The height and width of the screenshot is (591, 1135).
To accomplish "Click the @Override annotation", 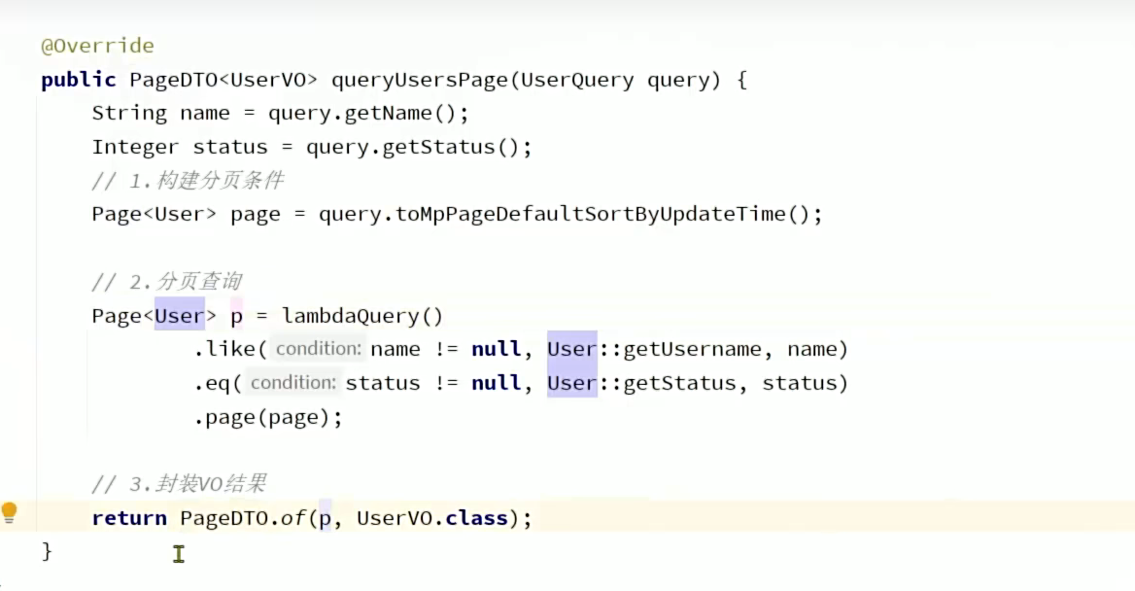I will coord(97,46).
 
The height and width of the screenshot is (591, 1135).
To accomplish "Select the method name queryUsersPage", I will coord(420,80).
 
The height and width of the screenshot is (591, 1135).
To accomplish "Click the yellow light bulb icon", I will coord(10,512).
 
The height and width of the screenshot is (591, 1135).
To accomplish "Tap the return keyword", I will coord(129,518).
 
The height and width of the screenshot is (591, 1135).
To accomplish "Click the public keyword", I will coord(79,80).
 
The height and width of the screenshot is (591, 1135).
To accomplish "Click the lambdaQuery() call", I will coord(362,316).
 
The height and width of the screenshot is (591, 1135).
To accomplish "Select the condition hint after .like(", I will coord(318,349).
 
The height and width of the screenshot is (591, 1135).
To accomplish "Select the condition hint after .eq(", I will coord(292,383).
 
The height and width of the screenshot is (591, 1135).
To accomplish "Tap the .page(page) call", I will coord(268,417).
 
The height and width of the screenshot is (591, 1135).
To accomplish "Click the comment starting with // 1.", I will coord(188,181).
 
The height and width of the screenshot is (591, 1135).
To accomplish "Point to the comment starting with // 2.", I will coord(166,282).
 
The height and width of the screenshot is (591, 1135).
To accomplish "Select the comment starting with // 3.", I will coord(179,484).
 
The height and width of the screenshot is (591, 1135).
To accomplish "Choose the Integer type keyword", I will coord(135,147).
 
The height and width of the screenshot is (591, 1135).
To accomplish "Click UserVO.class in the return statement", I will coord(432,518).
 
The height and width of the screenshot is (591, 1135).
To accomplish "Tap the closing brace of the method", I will coord(47,551).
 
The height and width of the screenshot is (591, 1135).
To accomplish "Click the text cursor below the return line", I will coord(179,554).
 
